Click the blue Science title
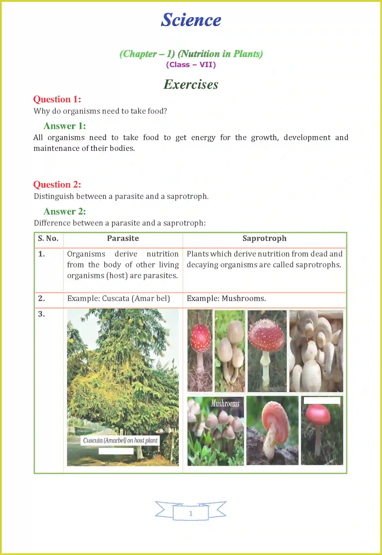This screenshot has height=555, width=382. click(191, 20)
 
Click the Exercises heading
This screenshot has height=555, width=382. click(191, 84)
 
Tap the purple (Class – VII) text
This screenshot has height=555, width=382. click(191, 65)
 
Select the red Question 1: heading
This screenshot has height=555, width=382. click(57, 99)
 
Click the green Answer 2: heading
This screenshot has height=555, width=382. click(65, 211)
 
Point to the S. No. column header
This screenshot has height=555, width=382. click(48, 238)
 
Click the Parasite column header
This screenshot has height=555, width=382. click(123, 238)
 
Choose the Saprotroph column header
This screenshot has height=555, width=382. click(264, 238)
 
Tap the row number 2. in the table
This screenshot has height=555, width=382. click(42, 298)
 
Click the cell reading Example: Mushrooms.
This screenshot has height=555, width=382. click(226, 298)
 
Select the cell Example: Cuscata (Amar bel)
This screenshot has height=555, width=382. click(119, 298)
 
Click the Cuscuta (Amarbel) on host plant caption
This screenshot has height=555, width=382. click(120, 440)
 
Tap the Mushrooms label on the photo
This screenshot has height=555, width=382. click(225, 403)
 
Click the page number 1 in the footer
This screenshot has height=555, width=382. click(191, 513)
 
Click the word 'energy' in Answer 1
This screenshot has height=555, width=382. click(203, 138)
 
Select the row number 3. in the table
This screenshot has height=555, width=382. click(42, 314)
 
